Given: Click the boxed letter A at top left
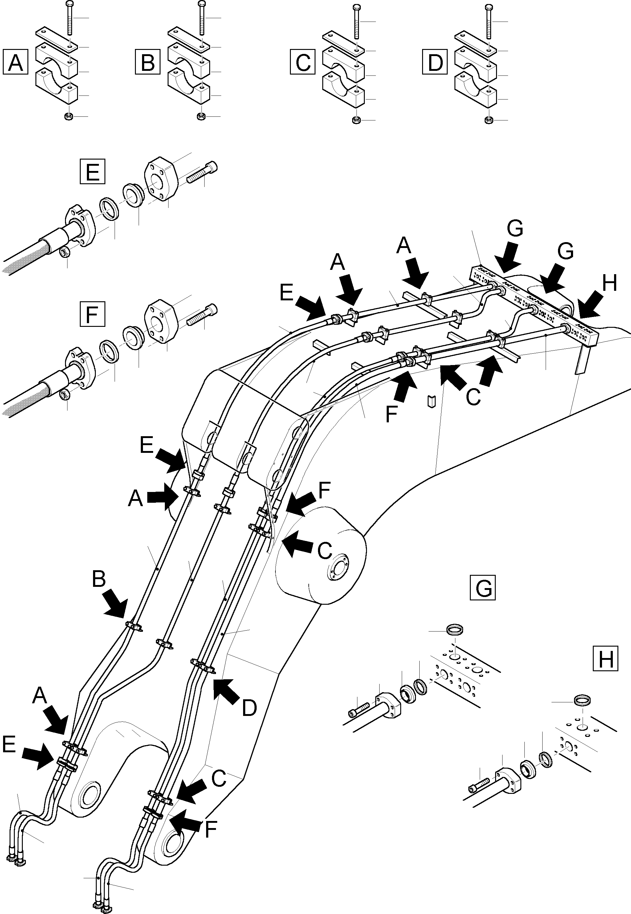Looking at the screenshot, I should click(x=15, y=62).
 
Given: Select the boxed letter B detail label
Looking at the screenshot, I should click(x=148, y=62).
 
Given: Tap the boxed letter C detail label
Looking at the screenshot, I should click(x=303, y=62).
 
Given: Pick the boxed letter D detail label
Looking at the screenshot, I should click(x=435, y=62).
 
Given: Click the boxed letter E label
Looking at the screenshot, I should click(x=92, y=172).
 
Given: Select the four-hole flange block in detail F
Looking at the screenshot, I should click(x=162, y=320).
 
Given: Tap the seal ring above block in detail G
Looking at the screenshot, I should click(x=455, y=629).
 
